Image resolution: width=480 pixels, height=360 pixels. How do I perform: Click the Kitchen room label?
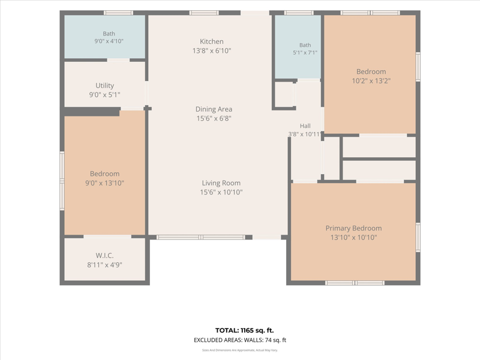click(212, 41)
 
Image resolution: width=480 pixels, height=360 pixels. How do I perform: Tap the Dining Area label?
click(214, 109)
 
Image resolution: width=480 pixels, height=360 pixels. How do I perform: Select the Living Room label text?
click(221, 183)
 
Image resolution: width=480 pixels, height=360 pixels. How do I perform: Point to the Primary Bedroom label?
click(353, 229)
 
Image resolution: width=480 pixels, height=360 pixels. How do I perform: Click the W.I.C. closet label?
click(104, 256)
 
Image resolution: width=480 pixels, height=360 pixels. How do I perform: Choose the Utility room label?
click(104, 86)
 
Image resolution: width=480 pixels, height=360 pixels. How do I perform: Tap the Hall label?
click(305, 126)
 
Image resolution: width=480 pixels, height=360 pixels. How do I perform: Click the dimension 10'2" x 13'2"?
click(371, 81)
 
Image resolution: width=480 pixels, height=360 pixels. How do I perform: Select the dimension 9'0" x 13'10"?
click(104, 183)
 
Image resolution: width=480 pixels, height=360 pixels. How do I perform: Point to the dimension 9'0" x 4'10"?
click(109, 41)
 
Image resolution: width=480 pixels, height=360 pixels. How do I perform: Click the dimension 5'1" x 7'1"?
click(305, 53)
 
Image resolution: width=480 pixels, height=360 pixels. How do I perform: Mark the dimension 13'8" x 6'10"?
click(212, 51)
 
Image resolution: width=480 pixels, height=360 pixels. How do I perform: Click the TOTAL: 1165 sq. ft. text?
click(244, 331)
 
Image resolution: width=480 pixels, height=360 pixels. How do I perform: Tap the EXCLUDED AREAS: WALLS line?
click(240, 340)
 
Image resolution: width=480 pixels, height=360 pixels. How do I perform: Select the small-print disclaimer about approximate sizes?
click(240, 350)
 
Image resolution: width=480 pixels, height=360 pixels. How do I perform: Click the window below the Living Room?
click(201, 237)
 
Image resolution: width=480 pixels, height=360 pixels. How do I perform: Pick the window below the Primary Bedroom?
click(355, 283)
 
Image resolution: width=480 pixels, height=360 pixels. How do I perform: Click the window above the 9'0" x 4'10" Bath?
click(118, 13)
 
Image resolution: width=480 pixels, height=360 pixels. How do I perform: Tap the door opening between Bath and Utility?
click(118, 60)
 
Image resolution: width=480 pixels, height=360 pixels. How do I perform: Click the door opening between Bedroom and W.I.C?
click(107, 236)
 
